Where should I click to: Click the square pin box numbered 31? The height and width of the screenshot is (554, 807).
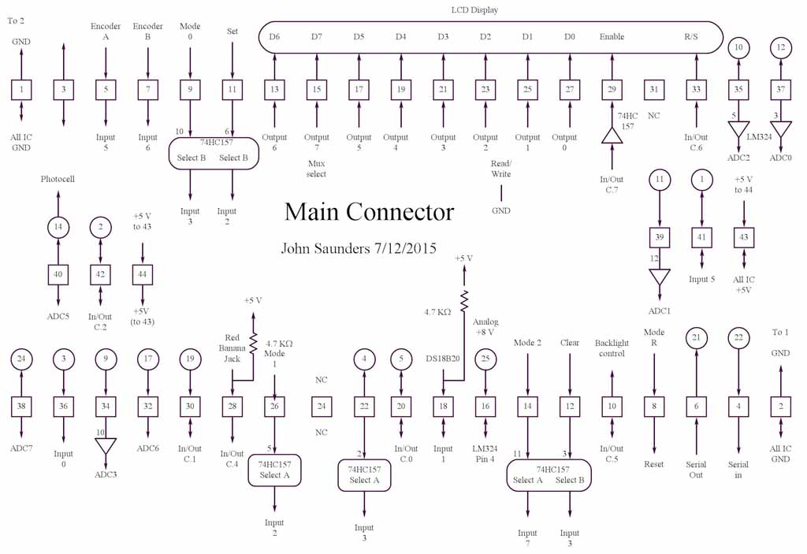coord(653,90)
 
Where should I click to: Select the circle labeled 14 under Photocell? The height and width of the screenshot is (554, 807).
coord(58,227)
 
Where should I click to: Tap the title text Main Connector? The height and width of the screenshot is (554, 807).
coord(369,212)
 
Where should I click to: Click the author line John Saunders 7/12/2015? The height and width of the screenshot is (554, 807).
coord(359,248)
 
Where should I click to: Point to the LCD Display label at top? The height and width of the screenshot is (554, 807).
coord(474,9)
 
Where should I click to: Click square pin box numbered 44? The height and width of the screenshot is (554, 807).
coord(142,274)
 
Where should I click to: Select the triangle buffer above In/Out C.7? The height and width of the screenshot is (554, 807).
coord(612,136)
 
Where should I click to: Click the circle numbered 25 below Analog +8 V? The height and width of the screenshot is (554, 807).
coord(485,360)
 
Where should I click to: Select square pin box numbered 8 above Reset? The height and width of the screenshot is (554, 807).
coord(654,407)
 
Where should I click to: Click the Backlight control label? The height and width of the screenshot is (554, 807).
coord(610,348)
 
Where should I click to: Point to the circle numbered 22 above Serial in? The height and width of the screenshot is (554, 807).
coord(738,338)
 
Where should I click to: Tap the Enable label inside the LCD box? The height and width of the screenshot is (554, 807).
coord(612,37)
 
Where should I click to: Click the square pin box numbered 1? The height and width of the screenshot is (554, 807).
coord(21,90)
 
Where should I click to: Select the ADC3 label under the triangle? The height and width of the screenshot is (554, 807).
coord(106,474)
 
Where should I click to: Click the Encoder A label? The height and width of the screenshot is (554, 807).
coord(106,32)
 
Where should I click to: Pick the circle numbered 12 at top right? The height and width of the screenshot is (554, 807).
coord(781,47)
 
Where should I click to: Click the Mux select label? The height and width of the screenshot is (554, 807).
coord(316,169)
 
